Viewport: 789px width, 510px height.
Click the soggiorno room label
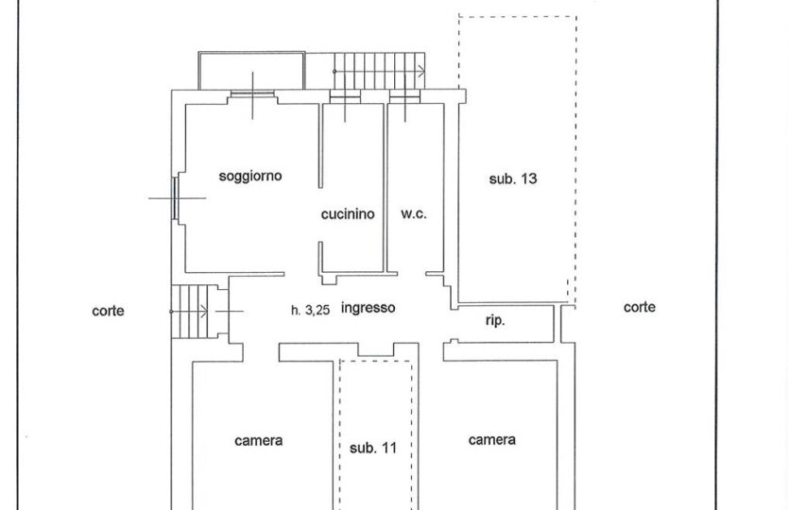point(250,177)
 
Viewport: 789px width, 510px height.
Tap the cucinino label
point(348,214)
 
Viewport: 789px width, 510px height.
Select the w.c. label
point(414,213)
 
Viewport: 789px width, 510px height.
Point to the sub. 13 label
point(513,178)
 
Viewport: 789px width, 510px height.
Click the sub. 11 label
point(373,448)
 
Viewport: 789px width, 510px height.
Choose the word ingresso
point(368,308)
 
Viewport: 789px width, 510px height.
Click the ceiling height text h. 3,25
point(310,311)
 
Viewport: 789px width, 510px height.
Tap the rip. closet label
point(495,321)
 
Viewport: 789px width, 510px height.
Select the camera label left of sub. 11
point(259,441)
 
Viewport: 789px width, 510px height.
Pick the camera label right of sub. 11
point(491,440)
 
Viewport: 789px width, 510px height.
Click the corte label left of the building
point(108,312)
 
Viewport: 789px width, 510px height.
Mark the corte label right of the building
point(639,307)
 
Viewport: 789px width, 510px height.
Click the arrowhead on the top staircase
point(421,72)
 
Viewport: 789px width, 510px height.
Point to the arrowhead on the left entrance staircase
point(204,312)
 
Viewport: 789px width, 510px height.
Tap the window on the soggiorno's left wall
point(175,198)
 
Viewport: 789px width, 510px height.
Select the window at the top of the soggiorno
point(252,94)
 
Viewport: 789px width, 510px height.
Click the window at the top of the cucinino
point(345,96)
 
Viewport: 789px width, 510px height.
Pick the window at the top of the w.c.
point(405,96)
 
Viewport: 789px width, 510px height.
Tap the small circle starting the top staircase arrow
point(334,72)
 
